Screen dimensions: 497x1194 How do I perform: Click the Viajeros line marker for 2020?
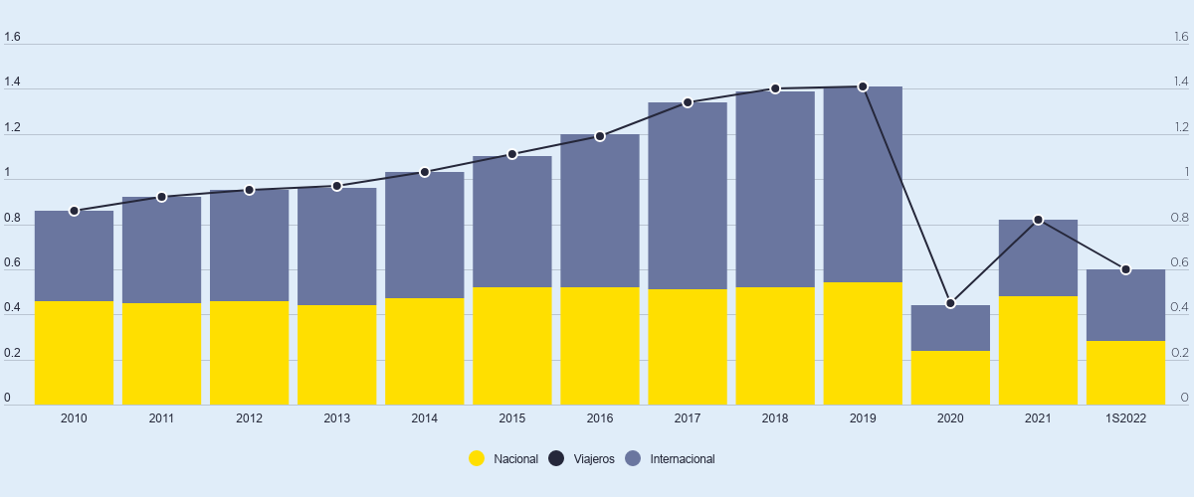pyautogui.click(x=950, y=303)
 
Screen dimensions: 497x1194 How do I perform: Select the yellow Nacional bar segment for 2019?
pyautogui.click(x=863, y=344)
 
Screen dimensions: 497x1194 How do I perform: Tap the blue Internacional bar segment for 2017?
pyautogui.click(x=688, y=196)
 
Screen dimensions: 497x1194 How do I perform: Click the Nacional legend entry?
pyautogui.click(x=504, y=459)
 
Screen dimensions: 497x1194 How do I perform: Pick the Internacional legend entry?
pyautogui.click(x=671, y=459)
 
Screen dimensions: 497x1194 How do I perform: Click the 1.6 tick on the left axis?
pyautogui.click(x=12, y=38)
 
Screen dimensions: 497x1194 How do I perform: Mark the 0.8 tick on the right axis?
pyautogui.click(x=1179, y=218)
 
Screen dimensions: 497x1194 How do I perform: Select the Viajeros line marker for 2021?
pyautogui.click(x=1038, y=220)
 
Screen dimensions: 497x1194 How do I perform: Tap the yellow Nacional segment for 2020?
pyautogui.click(x=950, y=378)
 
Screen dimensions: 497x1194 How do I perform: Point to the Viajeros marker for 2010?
pyautogui.click(x=74, y=211)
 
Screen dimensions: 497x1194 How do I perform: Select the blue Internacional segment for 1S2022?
pyautogui.click(x=1125, y=305)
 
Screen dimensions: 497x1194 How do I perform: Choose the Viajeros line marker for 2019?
pyautogui.click(x=863, y=86)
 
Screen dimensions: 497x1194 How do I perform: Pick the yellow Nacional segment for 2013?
pyautogui.click(x=336, y=355)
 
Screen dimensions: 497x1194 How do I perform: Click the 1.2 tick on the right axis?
pyautogui.click(x=1179, y=127)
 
